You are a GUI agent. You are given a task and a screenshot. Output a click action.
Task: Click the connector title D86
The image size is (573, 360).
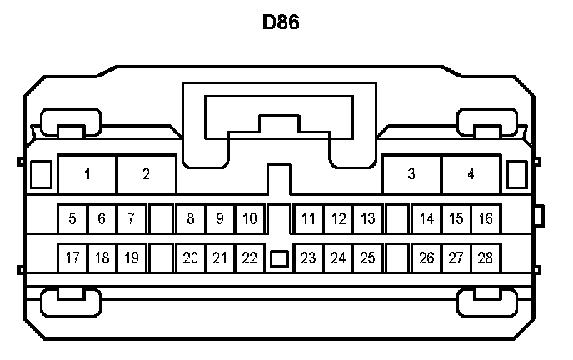[x=281, y=22]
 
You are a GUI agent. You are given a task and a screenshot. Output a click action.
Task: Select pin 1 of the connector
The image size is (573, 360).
[x=87, y=174]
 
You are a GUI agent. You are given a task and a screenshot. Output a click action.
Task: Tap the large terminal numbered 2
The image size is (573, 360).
[x=146, y=174]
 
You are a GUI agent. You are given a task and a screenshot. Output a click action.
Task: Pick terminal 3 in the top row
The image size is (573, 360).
[x=411, y=174]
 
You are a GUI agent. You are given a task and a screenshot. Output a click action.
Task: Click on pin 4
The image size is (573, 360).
[x=471, y=174]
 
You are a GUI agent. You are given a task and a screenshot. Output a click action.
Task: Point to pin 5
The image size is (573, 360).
[x=72, y=219]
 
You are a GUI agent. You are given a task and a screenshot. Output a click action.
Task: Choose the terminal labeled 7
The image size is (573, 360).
[x=131, y=219]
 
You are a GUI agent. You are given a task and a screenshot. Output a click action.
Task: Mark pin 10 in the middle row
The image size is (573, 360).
[x=249, y=219]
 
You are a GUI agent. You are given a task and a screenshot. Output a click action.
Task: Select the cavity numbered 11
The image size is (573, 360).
[x=308, y=219]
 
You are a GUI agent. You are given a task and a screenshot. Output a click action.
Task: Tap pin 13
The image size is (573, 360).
[x=367, y=219]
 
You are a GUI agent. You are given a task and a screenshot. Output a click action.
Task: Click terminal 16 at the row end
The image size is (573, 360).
[x=485, y=219]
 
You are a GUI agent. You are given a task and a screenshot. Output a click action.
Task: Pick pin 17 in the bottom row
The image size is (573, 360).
[x=72, y=257]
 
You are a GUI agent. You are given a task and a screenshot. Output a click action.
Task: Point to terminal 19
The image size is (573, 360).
[x=131, y=257]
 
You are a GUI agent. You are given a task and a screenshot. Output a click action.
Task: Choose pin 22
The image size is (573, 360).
[x=249, y=257]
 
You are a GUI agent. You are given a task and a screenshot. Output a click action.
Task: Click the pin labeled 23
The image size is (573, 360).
[x=308, y=257]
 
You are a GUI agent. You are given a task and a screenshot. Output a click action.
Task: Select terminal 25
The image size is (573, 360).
[x=367, y=257]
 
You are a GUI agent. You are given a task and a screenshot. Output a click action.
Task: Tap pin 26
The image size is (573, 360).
[x=426, y=257]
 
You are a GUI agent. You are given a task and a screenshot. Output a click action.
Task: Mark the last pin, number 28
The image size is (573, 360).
[x=485, y=257]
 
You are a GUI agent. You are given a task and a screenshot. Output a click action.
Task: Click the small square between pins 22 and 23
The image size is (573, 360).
[x=279, y=259]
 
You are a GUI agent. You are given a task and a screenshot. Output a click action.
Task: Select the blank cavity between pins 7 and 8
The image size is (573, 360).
[x=161, y=219]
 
